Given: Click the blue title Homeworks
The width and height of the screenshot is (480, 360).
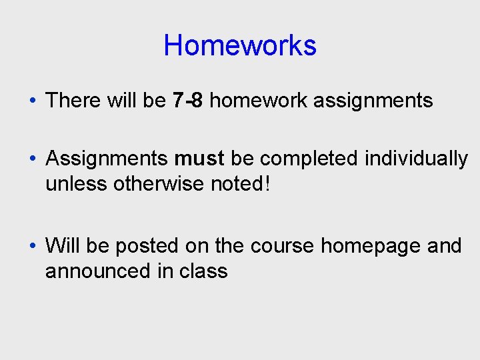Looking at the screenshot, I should click(240, 46).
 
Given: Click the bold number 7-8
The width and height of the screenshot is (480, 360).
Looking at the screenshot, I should click(187, 101).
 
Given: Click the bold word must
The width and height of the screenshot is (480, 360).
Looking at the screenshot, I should click(199, 159).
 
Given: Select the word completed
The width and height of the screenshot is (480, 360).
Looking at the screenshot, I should click(310, 159).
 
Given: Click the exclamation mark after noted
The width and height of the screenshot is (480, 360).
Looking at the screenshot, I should click(268, 183).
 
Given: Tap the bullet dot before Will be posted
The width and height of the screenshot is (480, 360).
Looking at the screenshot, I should click(33, 247).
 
